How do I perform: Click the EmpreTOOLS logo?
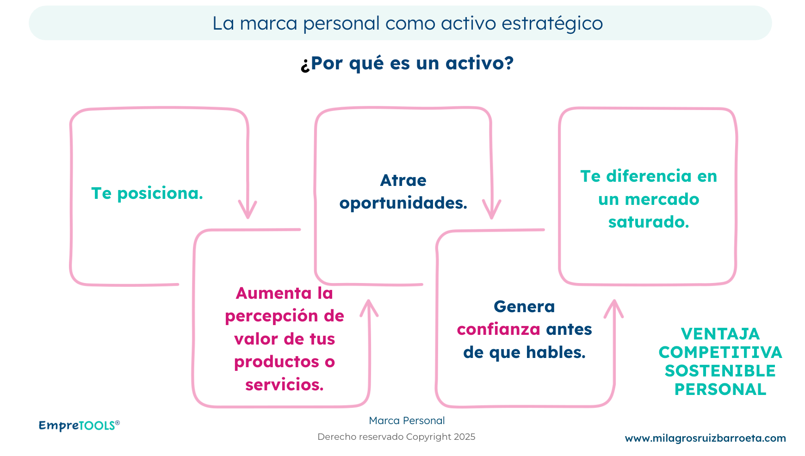tap(79, 425)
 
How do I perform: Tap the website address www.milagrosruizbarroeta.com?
tap(705, 438)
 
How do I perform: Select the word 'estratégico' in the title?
tap(552, 24)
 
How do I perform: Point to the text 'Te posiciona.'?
tap(147, 193)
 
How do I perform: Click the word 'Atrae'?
tap(403, 180)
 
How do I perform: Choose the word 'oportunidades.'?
tap(403, 203)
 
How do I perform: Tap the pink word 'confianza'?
tap(498, 329)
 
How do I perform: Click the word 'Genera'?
tap(524, 307)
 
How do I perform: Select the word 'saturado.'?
tap(649, 222)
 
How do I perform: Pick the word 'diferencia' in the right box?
tap(649, 176)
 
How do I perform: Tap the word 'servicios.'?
tap(284, 385)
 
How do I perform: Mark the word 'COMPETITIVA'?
tap(720, 352)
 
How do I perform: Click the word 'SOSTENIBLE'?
tap(720, 371)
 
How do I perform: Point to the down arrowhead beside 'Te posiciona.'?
tap(248, 209)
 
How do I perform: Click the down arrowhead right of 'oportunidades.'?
tap(491, 209)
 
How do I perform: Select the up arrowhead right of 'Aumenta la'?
tap(369, 308)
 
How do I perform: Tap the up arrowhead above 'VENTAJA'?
tap(614, 308)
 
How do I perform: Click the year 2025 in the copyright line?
tap(464, 437)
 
